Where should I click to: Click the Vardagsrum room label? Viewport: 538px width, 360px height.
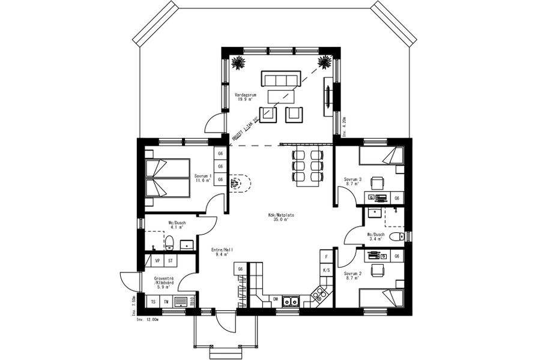[245, 97]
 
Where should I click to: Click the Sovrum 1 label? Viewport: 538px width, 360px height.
[204, 178]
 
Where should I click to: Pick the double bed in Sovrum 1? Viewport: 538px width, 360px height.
[167, 178]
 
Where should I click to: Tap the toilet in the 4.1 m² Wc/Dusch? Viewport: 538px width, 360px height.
[169, 242]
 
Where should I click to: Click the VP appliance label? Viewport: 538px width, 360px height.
[157, 261]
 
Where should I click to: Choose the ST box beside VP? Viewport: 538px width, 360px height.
[171, 261]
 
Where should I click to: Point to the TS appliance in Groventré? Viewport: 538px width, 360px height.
[153, 301]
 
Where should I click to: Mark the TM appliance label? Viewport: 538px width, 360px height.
[166, 301]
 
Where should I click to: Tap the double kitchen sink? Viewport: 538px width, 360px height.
[292, 301]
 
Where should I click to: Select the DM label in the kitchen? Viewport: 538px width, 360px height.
[276, 298]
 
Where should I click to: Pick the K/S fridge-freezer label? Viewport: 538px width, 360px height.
[327, 270]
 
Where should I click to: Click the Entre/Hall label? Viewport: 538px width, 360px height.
[222, 252]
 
